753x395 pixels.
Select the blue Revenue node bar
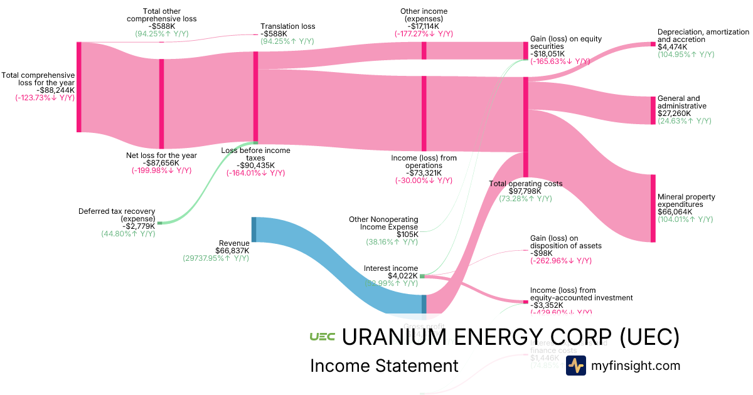(254, 229)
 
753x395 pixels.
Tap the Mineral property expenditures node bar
(653, 208)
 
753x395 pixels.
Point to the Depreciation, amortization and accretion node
(653, 44)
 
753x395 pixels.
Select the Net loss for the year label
(161, 155)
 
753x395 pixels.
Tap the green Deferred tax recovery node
(159, 223)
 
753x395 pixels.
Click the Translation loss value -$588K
(274, 34)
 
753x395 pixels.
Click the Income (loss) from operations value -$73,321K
(424, 173)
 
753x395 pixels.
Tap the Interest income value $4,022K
(400, 276)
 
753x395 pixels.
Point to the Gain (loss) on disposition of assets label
(565, 241)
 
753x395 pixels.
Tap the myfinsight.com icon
(575, 366)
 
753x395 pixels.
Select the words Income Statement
(384, 366)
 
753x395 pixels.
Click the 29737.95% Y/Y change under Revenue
(216, 258)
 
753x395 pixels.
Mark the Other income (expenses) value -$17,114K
(424, 26)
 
